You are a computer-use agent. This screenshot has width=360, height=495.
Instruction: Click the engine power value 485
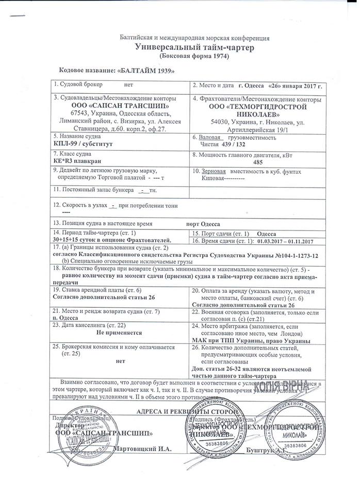(x=258, y=162)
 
